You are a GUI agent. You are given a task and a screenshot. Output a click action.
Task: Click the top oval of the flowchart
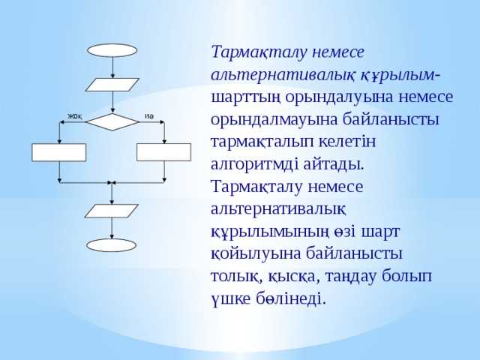click(x=112, y=50)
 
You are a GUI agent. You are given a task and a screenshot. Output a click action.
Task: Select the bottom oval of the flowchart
click(x=111, y=245)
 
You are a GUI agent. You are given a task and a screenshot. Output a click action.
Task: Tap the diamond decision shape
click(x=112, y=121)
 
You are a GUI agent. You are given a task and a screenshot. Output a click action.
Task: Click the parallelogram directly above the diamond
click(x=112, y=84)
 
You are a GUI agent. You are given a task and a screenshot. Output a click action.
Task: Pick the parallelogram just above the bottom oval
click(x=111, y=211)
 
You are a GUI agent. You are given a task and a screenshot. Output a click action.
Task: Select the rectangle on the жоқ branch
click(x=58, y=152)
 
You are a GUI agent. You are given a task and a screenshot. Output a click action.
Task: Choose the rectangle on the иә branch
click(x=163, y=151)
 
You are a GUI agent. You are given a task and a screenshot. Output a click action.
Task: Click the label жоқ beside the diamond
click(x=75, y=115)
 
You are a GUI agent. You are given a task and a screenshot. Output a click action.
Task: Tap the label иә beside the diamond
click(x=149, y=115)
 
